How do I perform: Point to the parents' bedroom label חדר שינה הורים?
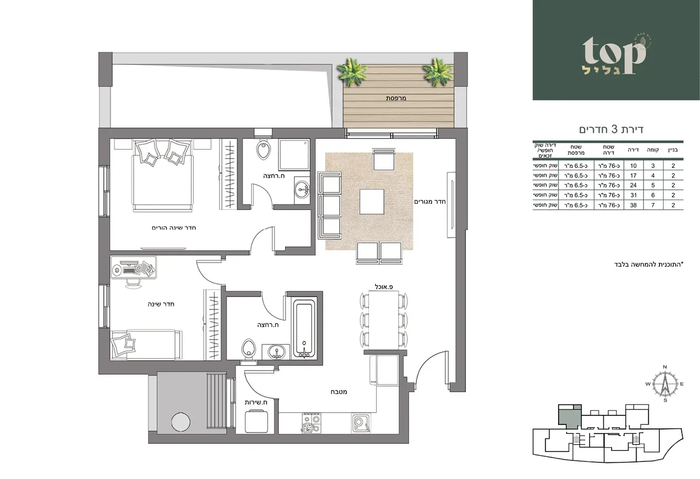pos(175,228)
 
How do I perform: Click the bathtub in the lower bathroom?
pos(302,329)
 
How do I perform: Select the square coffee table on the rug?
pos(372,202)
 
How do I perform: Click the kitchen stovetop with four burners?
pos(311,424)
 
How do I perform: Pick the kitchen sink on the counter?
pos(360,423)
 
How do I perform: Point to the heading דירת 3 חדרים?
pos(612,129)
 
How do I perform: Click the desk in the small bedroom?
pos(134,269)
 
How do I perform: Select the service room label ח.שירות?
pos(256,402)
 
